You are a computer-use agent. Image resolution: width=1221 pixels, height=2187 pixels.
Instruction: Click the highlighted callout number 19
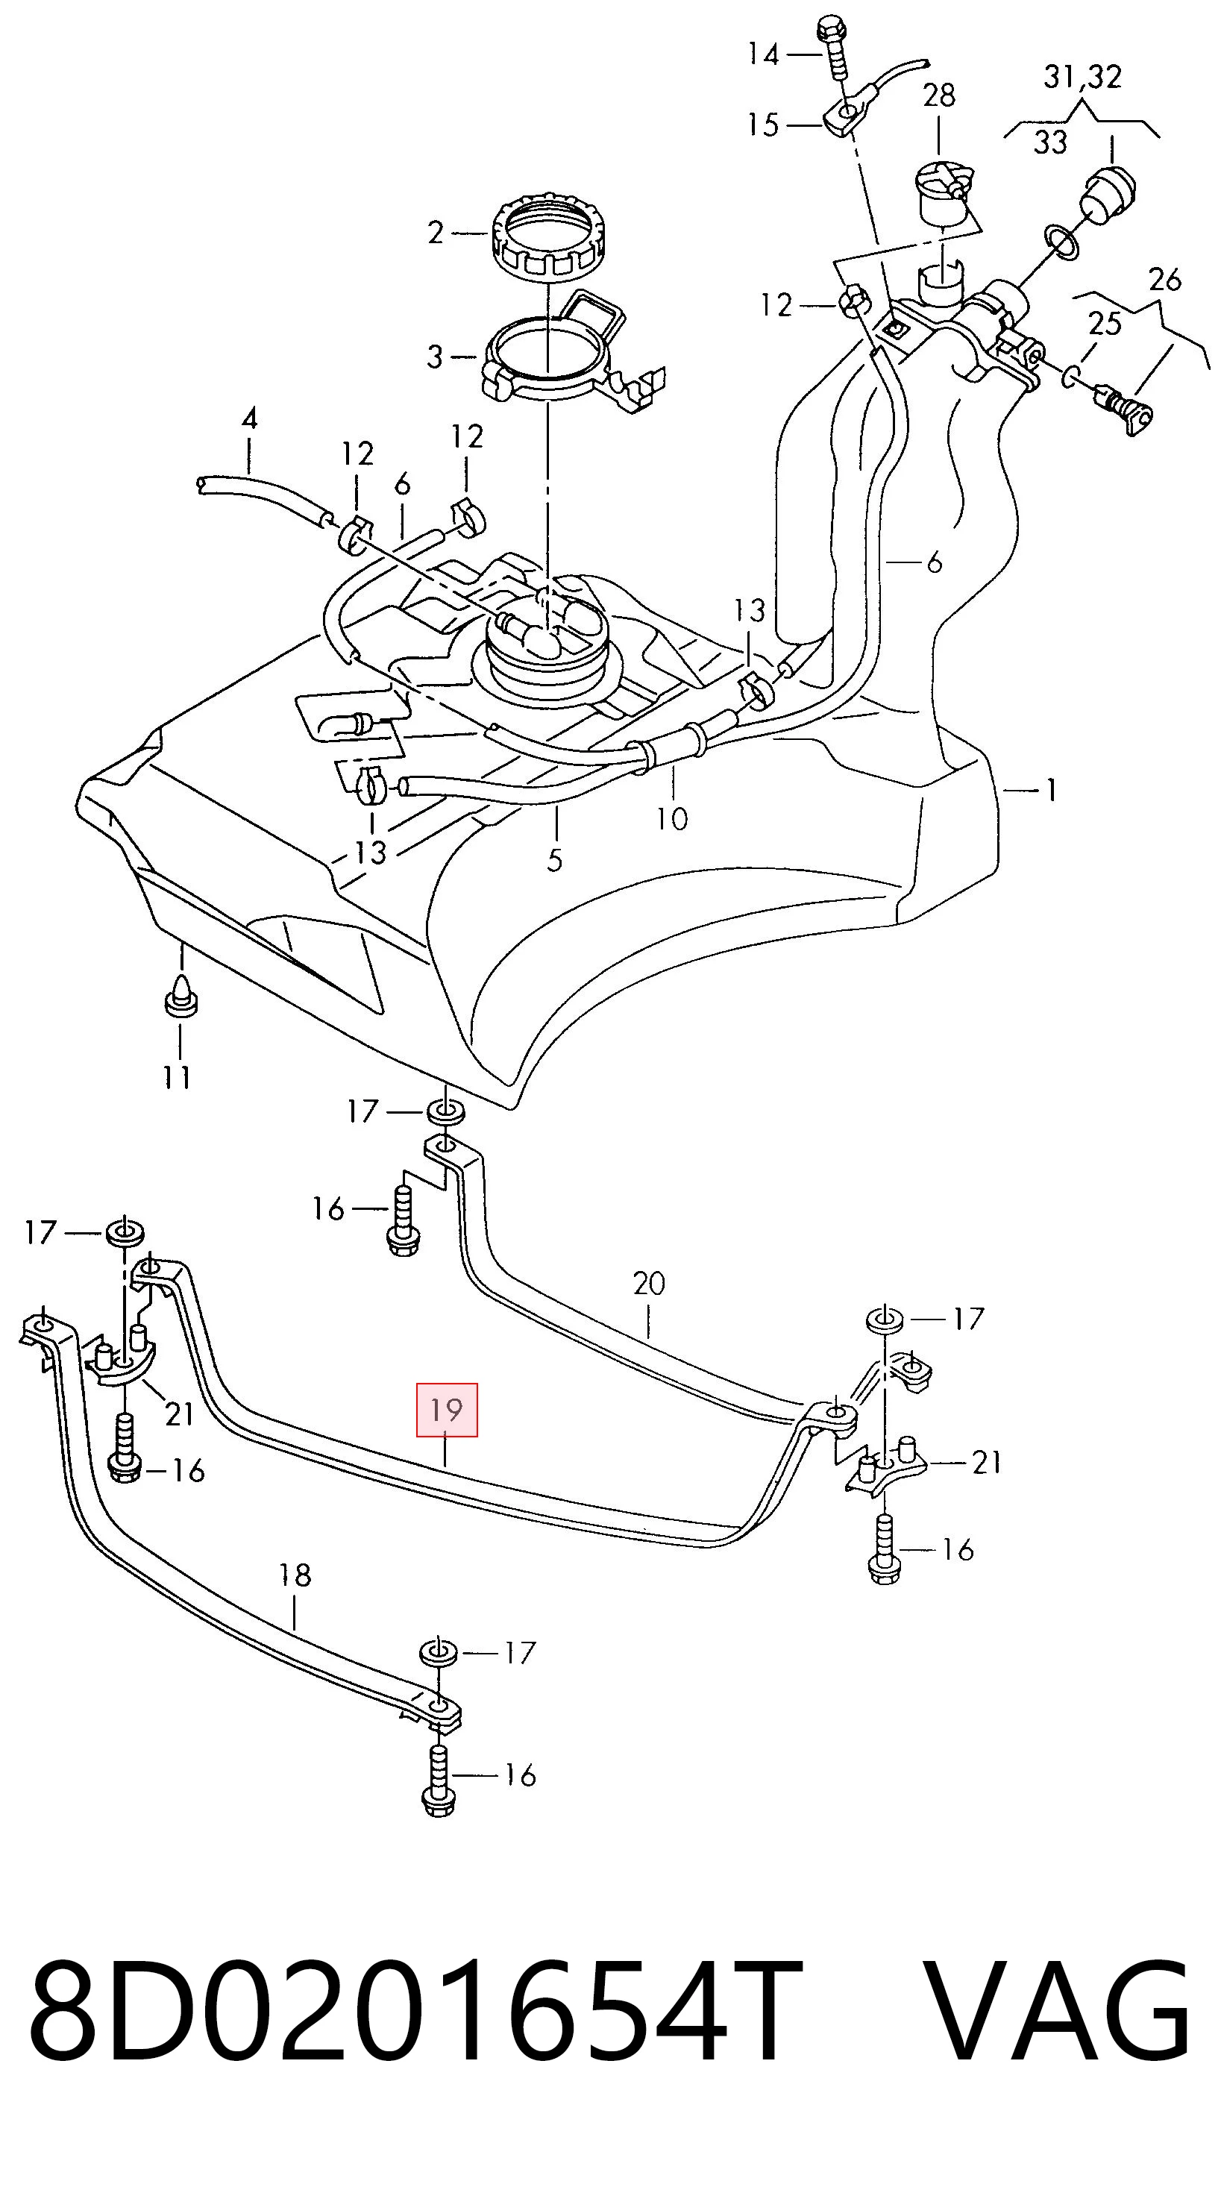pos(447,1411)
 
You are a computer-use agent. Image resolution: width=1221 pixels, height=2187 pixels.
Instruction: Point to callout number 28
pos(939,95)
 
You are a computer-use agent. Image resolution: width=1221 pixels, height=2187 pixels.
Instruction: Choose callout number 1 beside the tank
pos(1051,791)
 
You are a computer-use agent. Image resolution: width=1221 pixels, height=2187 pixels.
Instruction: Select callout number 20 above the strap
pos(649,1284)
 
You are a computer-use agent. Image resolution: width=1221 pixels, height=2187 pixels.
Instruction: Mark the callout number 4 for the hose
pos(250,418)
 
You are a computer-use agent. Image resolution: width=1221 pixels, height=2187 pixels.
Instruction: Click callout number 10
pos(671,819)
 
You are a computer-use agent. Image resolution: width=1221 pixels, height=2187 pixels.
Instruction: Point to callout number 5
pos(554,860)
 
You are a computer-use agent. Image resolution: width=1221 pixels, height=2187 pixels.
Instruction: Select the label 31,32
pos(1082,78)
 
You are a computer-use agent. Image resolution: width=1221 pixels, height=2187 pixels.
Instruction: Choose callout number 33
pos(1049,142)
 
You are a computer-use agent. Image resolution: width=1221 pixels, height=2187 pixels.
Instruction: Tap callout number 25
pos(1105,324)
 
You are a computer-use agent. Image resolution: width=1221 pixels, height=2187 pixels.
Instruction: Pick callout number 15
pos(762,125)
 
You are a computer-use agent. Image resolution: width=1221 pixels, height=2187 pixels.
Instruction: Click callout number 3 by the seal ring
pos(435,357)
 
